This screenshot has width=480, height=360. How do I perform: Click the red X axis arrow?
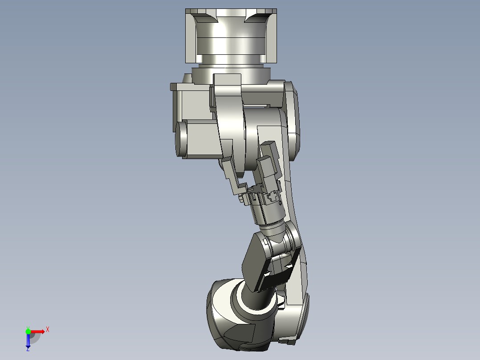38,331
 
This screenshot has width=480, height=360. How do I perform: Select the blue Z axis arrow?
28,341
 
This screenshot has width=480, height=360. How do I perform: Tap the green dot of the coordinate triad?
28,331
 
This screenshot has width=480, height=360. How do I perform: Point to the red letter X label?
48,329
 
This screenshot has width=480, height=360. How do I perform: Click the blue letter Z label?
28,350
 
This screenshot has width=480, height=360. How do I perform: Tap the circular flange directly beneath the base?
231,72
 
